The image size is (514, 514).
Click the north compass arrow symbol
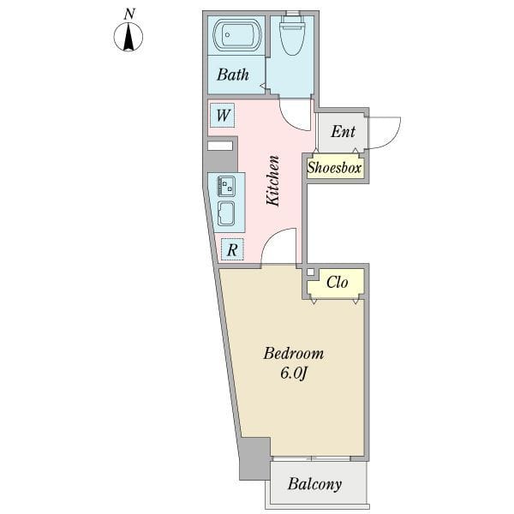(128, 37)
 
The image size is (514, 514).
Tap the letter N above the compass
(130, 14)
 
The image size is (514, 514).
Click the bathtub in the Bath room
(236, 35)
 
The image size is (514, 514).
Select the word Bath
(233, 75)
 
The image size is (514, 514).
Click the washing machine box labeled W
(223, 115)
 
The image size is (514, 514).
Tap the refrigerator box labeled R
(232, 250)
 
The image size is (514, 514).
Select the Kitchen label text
(272, 181)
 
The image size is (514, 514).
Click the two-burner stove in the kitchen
(226, 186)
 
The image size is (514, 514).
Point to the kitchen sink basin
(226, 213)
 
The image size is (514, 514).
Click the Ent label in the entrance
(343, 131)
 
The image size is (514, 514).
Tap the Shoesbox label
(334, 168)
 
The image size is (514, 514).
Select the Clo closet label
(338, 282)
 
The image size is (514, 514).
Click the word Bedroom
(294, 353)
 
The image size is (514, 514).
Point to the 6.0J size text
(293, 373)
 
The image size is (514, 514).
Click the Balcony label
(314, 484)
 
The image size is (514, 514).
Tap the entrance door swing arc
(384, 133)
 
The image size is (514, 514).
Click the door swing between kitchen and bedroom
(278, 246)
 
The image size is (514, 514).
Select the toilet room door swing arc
(295, 115)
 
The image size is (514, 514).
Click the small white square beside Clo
(310, 272)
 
